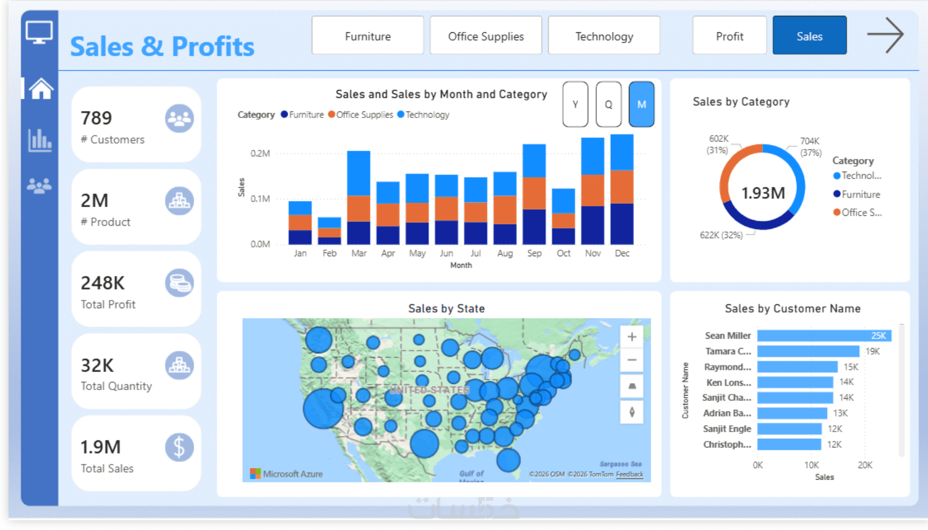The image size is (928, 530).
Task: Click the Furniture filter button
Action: (x=367, y=36)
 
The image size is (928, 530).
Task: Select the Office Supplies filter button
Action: (x=485, y=36)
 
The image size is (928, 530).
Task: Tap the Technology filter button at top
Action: (x=604, y=36)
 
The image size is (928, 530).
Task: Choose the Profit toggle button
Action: (x=729, y=36)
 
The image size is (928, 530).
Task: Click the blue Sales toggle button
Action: (x=809, y=36)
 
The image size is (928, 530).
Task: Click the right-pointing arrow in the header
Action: (x=885, y=35)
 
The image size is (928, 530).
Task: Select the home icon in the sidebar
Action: (x=41, y=89)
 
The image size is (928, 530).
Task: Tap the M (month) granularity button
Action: (x=641, y=104)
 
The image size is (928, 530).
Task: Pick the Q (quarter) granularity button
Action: (x=608, y=104)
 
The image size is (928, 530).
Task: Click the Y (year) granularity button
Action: (x=575, y=104)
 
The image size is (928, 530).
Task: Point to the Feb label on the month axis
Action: (x=329, y=254)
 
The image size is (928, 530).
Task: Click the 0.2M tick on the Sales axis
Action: (x=260, y=154)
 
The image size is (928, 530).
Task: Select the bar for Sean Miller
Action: (x=824, y=335)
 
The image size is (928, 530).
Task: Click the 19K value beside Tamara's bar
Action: (x=872, y=351)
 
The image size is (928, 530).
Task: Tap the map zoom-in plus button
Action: (x=632, y=337)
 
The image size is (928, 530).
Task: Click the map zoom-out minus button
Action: (x=632, y=360)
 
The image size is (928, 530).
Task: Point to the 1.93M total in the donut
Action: (x=763, y=193)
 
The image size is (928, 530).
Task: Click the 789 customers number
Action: (x=96, y=118)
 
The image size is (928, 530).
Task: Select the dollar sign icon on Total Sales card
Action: (x=179, y=447)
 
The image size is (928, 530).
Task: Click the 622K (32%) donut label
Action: (x=721, y=235)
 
